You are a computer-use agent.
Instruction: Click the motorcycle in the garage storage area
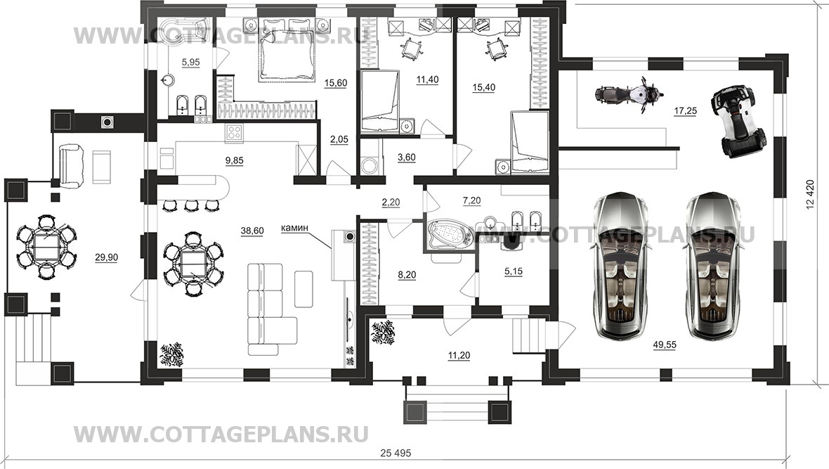point(629,95)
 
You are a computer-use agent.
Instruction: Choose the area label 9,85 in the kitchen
point(234,160)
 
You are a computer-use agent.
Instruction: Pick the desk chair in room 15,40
point(497,48)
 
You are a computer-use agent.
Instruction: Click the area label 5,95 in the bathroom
point(190,63)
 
